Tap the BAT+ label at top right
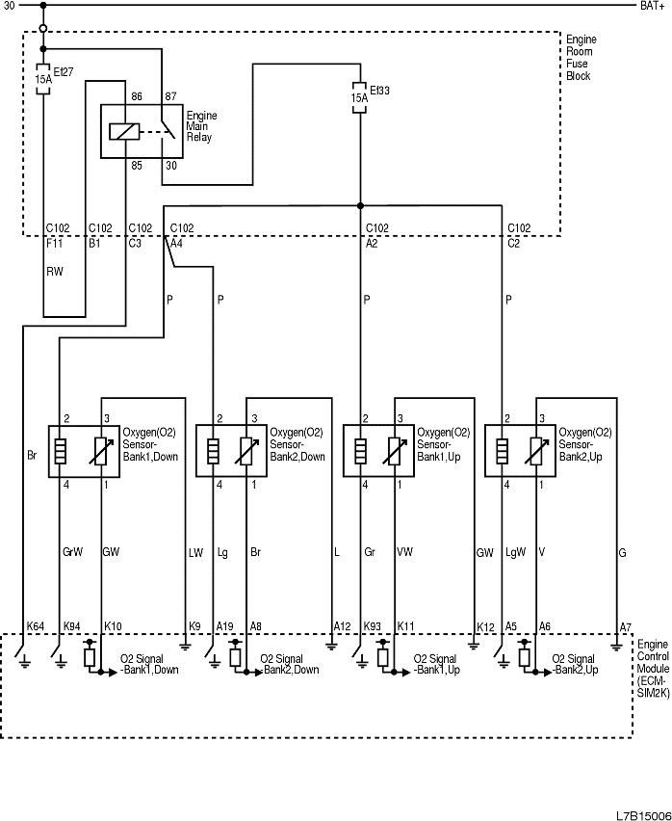(x=651, y=6)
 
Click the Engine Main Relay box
(x=141, y=131)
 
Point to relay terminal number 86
(x=136, y=96)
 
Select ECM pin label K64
(x=36, y=626)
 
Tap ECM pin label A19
(x=224, y=626)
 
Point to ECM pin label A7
(x=625, y=626)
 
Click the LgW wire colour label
(x=515, y=552)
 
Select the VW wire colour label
(x=405, y=552)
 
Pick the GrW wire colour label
(x=72, y=552)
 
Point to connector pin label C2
(x=513, y=244)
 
